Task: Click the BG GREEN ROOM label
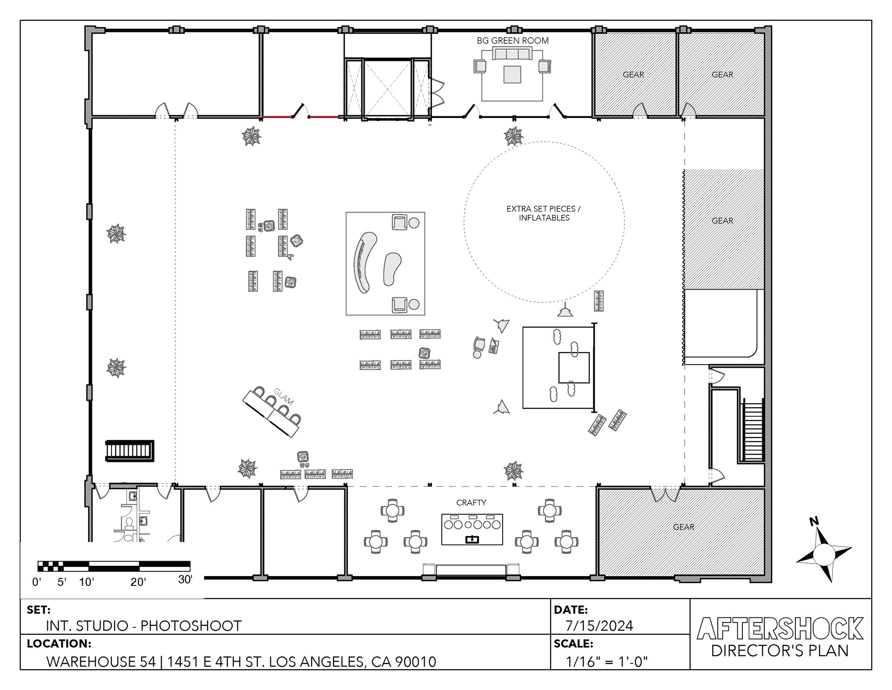(x=512, y=40)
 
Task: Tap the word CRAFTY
(x=471, y=503)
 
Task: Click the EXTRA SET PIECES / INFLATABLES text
(x=544, y=213)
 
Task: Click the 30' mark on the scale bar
(x=185, y=579)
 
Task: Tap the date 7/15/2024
(x=599, y=626)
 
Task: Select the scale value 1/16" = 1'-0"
(x=607, y=661)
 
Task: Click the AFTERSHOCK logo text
(x=780, y=628)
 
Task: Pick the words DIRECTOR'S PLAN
(x=780, y=650)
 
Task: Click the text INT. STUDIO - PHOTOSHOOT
(x=144, y=626)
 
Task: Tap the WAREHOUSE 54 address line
(x=241, y=662)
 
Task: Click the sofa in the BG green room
(x=512, y=54)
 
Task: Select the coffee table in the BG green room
(x=512, y=74)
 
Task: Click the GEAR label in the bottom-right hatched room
(x=683, y=527)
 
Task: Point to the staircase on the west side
(x=130, y=451)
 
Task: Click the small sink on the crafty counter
(x=472, y=539)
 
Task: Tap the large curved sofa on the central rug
(x=365, y=262)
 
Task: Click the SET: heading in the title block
(x=39, y=610)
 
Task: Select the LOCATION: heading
(x=59, y=644)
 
